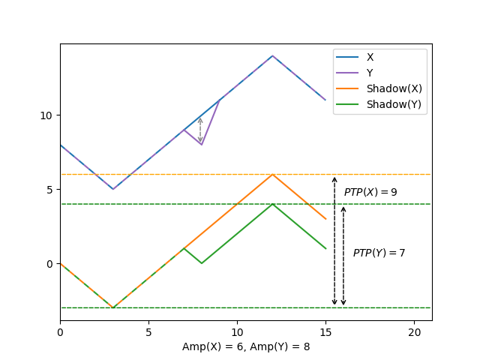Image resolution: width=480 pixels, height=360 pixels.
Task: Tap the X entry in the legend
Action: click(x=370, y=57)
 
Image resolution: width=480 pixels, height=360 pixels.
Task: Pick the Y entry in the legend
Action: click(x=370, y=73)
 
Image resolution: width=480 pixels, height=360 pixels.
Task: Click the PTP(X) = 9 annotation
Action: click(x=370, y=192)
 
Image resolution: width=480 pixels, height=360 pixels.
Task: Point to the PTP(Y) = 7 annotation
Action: click(x=379, y=253)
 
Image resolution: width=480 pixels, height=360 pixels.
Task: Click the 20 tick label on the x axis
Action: click(x=414, y=332)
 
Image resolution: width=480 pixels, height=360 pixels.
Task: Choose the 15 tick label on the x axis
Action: click(x=325, y=332)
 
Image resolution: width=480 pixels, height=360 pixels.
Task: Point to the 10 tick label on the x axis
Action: click(x=237, y=332)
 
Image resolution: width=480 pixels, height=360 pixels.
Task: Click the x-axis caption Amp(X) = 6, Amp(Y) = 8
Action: click(x=246, y=346)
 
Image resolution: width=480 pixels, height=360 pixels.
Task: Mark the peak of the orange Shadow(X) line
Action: click(x=272, y=174)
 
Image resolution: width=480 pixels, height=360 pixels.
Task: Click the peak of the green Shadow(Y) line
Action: click(x=272, y=204)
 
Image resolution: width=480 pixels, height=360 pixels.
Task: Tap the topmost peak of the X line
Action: click(x=272, y=55)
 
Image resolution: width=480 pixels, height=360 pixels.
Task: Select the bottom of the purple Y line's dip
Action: click(x=202, y=145)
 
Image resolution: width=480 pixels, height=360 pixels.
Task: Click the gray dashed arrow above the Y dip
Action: click(x=200, y=129)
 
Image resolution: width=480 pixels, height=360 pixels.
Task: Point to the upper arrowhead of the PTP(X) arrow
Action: click(x=334, y=178)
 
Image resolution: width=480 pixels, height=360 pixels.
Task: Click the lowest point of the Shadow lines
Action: click(x=113, y=307)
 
